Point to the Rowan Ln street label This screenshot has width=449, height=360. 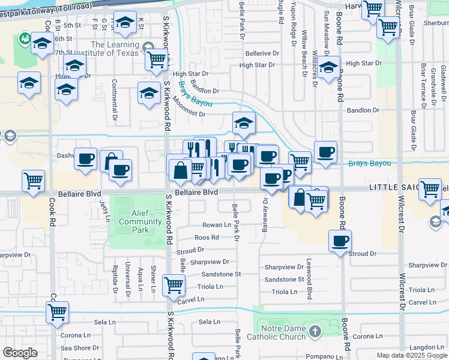click(x=216, y=225)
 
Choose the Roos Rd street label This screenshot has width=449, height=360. click(x=206, y=238)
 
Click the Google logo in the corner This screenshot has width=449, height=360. click(x=20, y=353)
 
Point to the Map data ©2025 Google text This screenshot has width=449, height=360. click(x=411, y=355)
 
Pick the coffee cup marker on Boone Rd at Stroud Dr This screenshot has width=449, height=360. click(x=340, y=241)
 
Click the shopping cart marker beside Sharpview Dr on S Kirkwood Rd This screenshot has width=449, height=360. click(x=173, y=286)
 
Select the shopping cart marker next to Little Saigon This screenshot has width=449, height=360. click(x=430, y=189)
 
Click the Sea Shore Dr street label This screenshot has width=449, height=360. click(x=76, y=348)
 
